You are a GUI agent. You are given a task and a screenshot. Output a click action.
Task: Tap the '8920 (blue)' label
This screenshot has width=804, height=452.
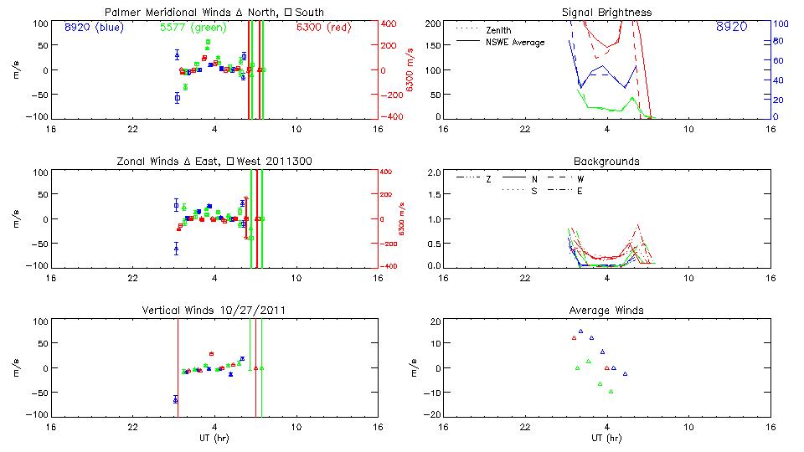(95, 28)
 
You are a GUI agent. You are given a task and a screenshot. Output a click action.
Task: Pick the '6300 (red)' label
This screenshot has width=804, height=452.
(323, 28)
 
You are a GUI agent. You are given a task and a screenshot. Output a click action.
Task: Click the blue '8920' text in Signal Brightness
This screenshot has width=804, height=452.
(732, 28)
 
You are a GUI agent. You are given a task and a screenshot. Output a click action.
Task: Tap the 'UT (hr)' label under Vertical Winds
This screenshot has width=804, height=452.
(215, 438)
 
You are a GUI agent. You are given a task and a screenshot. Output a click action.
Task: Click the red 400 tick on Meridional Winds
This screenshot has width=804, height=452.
(391, 23)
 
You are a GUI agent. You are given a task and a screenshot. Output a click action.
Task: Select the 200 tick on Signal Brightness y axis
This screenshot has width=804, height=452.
(431, 23)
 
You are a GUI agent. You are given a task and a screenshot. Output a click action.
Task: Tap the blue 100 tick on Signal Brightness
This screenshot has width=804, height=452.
(779, 24)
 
